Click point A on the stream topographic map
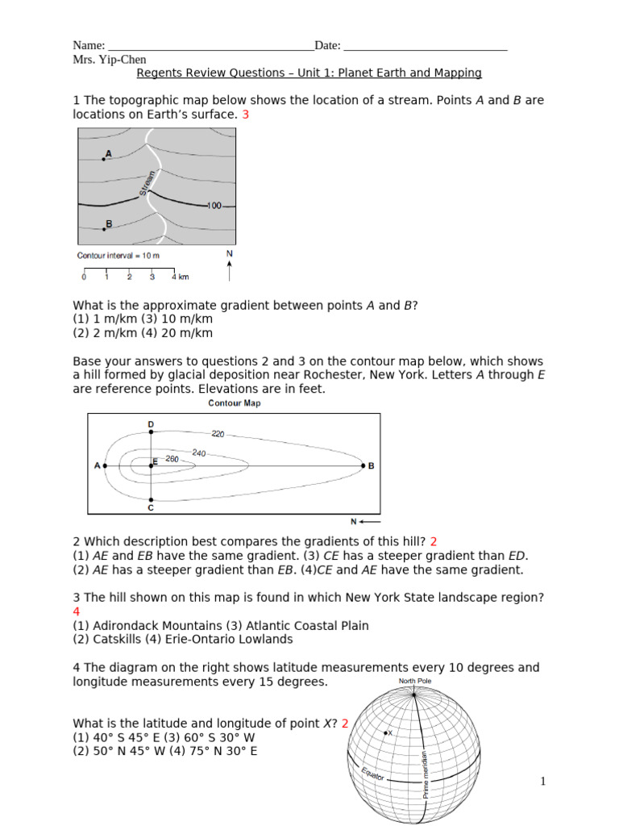[104, 159]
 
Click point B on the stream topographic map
[104, 228]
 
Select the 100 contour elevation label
[214, 206]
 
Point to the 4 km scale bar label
[179, 277]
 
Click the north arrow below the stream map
[231, 269]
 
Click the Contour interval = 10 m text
[118, 256]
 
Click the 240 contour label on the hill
[199, 453]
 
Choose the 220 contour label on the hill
[218, 433]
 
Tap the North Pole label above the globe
[415, 682]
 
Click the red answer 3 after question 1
[246, 115]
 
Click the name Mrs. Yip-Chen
[109, 60]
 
